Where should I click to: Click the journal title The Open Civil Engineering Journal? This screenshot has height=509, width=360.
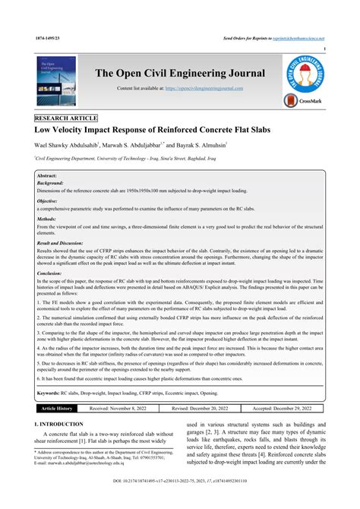tap(180, 74)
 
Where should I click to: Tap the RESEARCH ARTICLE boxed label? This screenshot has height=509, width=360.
tap(65, 119)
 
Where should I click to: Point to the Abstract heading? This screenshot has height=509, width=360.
tap(48, 175)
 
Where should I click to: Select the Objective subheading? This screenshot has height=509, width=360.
tap(48, 201)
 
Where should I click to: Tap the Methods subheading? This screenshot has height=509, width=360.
tap(47, 219)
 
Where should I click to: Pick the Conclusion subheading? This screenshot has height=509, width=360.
tap(51, 273)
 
